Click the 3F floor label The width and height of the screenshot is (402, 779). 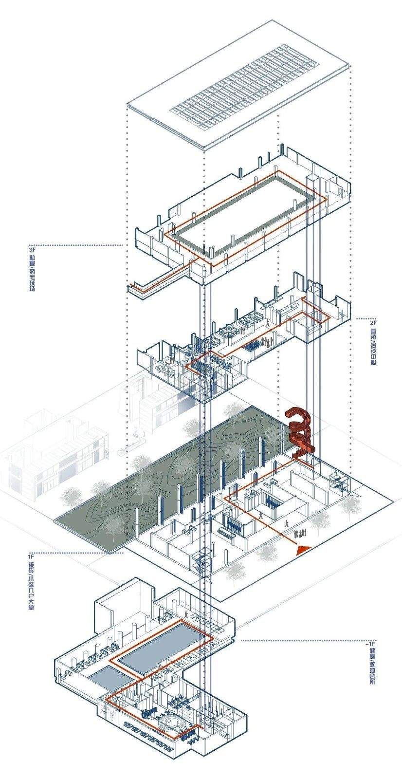pos(32,250)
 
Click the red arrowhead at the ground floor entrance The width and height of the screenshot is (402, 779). pos(303,549)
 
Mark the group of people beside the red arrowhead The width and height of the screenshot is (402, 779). pos(299,533)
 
